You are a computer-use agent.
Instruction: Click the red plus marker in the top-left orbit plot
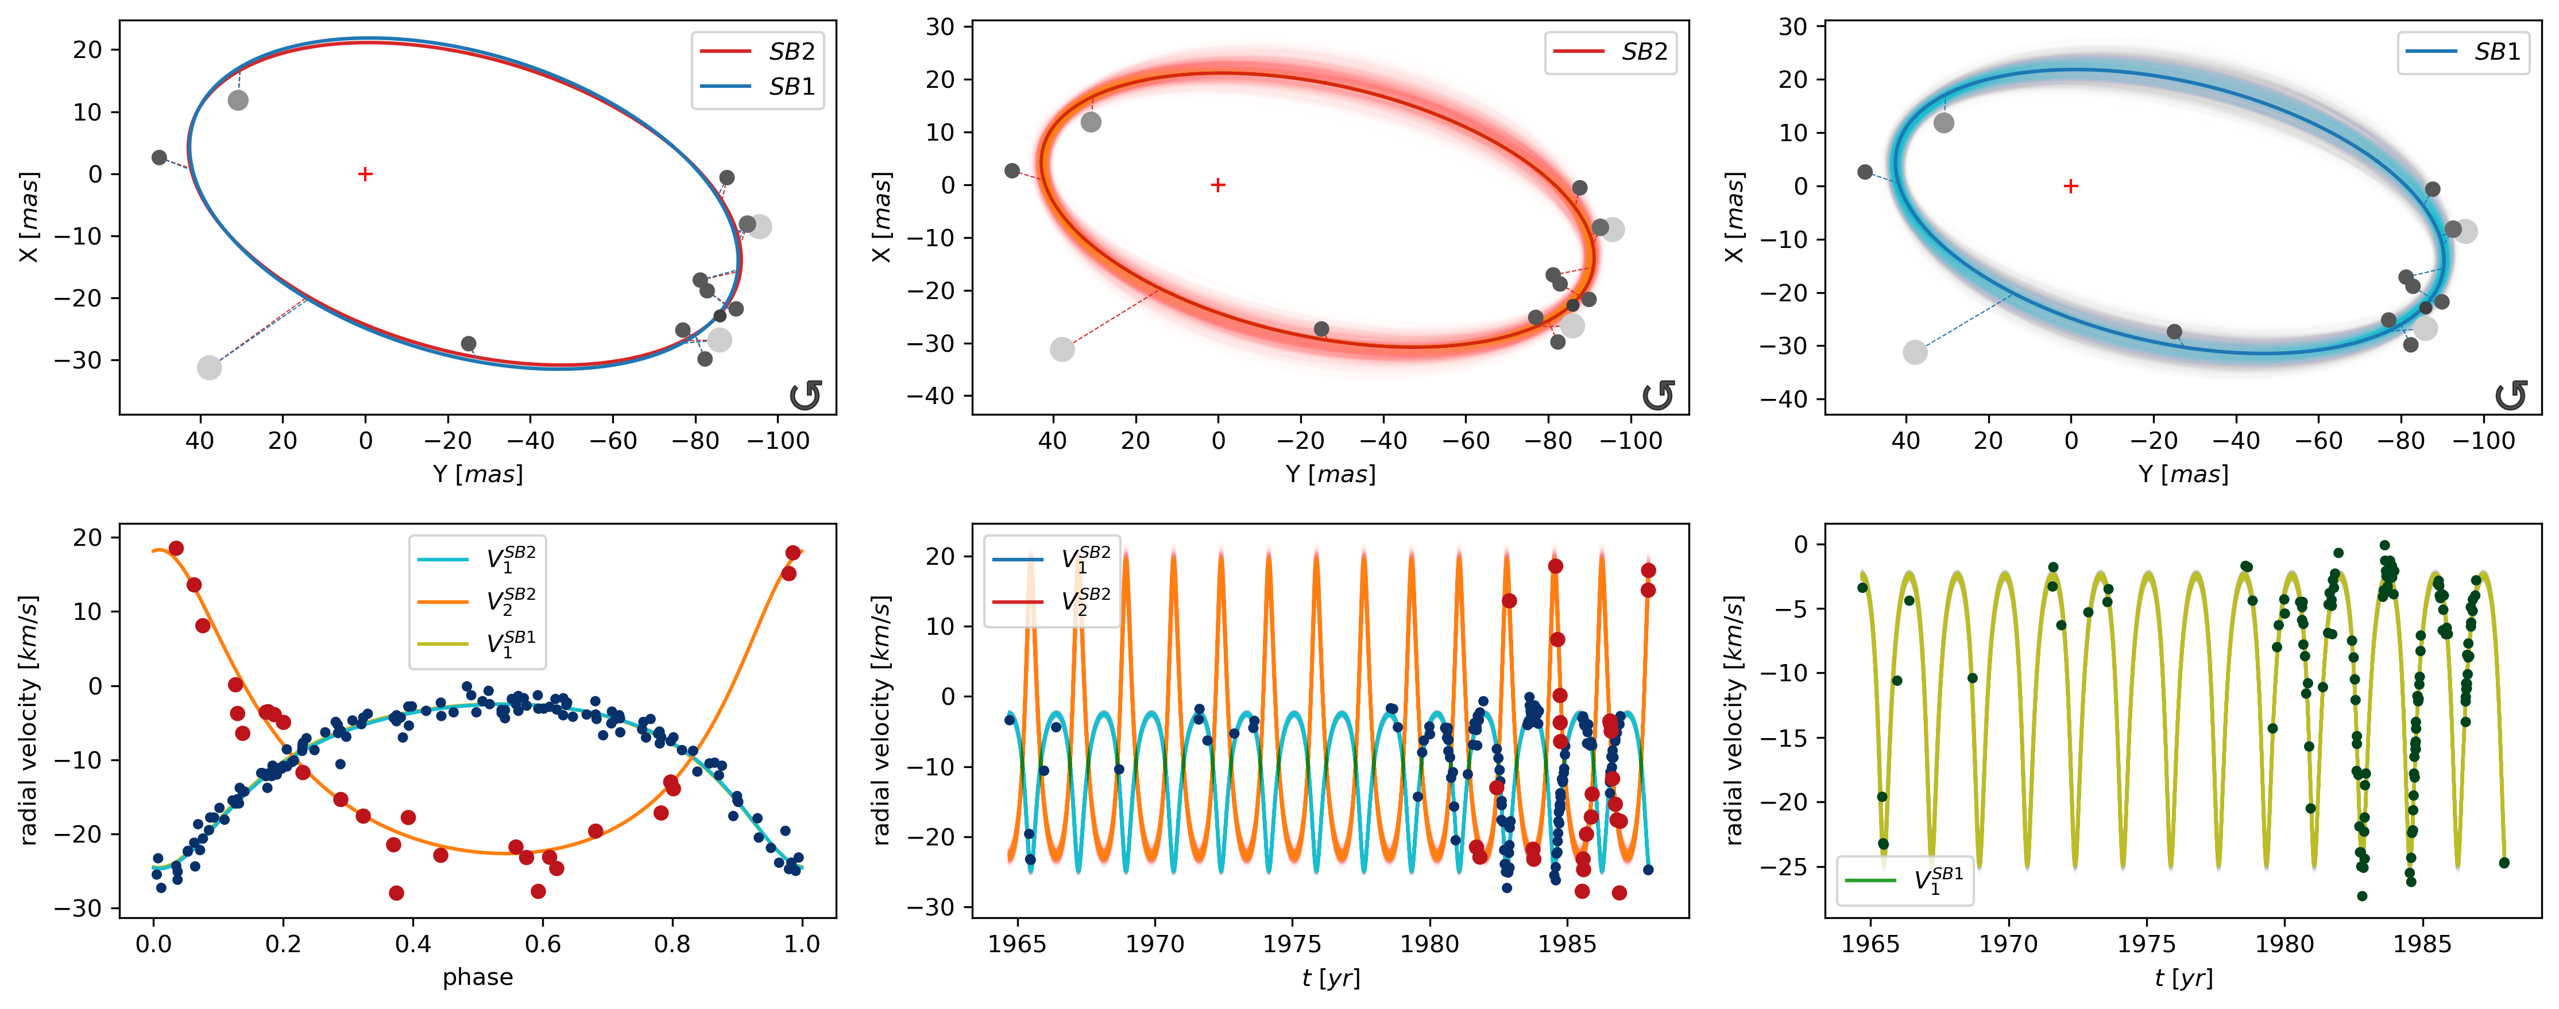click(x=366, y=174)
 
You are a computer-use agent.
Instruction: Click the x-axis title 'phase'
click(x=478, y=977)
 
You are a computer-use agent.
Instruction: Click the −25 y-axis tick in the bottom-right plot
click(x=1788, y=867)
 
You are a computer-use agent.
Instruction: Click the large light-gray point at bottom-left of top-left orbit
click(x=208, y=367)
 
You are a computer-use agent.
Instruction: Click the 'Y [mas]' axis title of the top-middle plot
click(x=1330, y=474)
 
